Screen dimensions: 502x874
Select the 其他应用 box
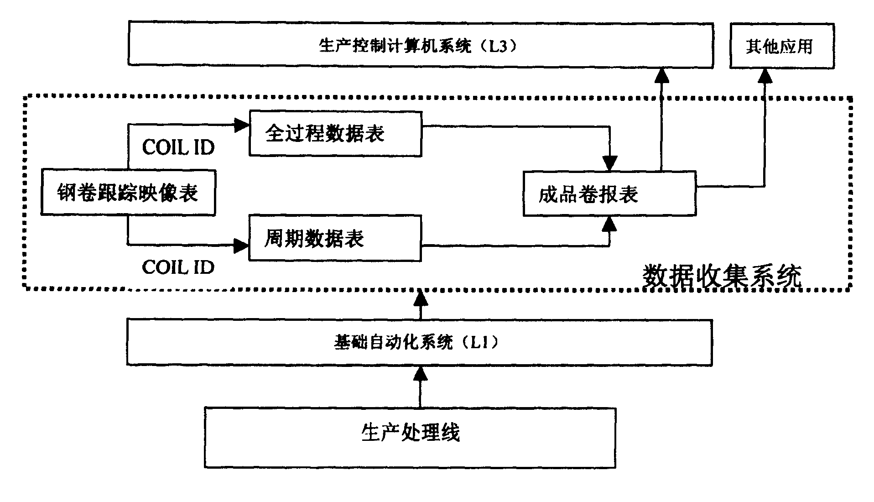[781, 47]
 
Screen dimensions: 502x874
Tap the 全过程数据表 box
[335, 134]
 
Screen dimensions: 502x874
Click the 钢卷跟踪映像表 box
[128, 193]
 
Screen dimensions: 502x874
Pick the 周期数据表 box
[334, 239]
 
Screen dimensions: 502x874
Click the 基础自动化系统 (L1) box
[419, 343]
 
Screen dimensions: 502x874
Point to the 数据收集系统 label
[722, 276]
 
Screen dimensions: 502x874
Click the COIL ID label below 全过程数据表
[178, 147]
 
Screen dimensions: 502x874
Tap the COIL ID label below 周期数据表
[178, 267]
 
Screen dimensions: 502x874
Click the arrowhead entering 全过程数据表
[241, 125]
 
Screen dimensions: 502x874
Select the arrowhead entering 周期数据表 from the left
[241, 246]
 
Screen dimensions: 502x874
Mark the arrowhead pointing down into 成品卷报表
[609, 163]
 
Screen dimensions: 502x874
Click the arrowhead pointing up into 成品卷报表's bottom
[609, 224]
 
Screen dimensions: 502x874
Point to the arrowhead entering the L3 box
[661, 76]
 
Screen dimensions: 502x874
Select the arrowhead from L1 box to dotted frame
[420, 298]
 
